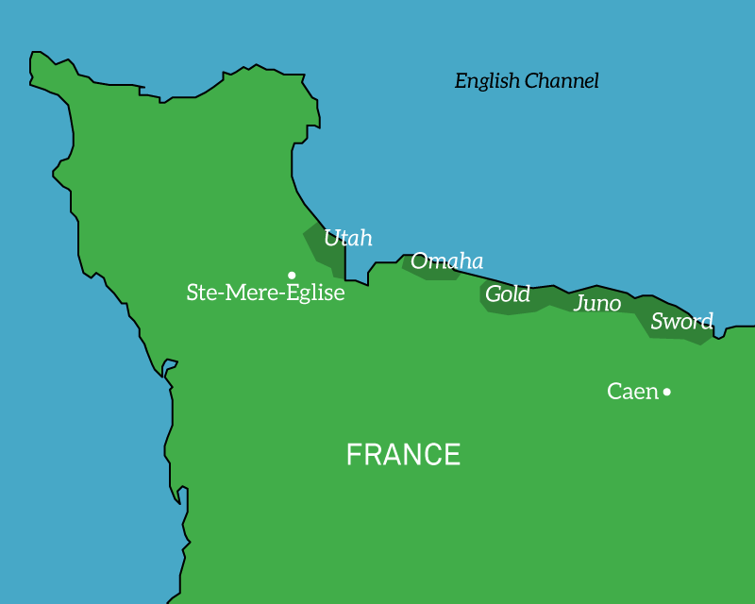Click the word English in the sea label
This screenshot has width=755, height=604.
coord(488,81)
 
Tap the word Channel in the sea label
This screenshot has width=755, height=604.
coord(562,80)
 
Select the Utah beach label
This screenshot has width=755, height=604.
coord(347,238)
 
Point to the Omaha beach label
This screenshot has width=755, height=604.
coord(446,261)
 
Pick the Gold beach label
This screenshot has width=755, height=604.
coord(508,294)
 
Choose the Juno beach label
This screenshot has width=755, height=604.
coord(597,303)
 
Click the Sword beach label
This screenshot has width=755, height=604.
coord(681,321)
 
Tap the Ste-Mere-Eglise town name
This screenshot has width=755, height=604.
coord(265,293)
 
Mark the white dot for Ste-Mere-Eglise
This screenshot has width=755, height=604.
coord(292,275)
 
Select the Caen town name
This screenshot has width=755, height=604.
coord(632,391)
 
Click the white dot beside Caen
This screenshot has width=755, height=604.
coord(667,392)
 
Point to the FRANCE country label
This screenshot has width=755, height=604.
coord(403,455)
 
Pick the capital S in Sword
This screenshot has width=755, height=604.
coord(658,321)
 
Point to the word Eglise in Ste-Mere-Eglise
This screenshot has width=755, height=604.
coord(315,293)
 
